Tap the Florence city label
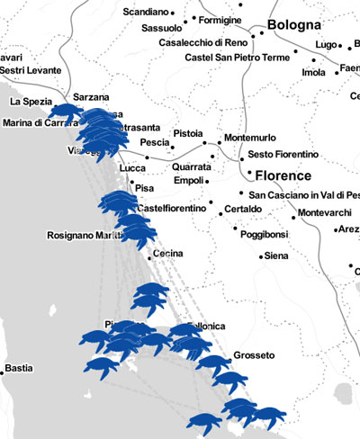[283, 175]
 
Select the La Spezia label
[32, 102]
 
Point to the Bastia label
[17, 369]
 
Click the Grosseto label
[253, 355]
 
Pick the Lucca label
[132, 168]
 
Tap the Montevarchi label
[327, 212]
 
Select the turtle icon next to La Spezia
[65, 112]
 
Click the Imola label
[314, 73]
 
